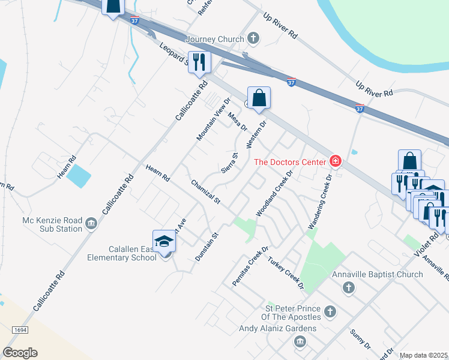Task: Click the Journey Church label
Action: [x=215, y=39]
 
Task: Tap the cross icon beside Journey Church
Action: [x=253, y=39]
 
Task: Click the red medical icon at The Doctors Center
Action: [x=335, y=161]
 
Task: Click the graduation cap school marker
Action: [x=164, y=241]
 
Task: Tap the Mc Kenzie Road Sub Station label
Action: [x=52, y=224]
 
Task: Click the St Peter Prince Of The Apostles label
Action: [x=289, y=312]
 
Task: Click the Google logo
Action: [x=20, y=352]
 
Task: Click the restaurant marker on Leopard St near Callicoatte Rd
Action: [x=199, y=62]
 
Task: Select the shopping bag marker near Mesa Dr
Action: [x=259, y=98]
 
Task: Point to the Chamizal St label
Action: [x=206, y=191]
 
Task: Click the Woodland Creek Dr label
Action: [x=274, y=193]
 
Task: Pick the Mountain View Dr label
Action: [x=214, y=119]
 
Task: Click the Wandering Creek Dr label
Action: [x=320, y=202]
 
